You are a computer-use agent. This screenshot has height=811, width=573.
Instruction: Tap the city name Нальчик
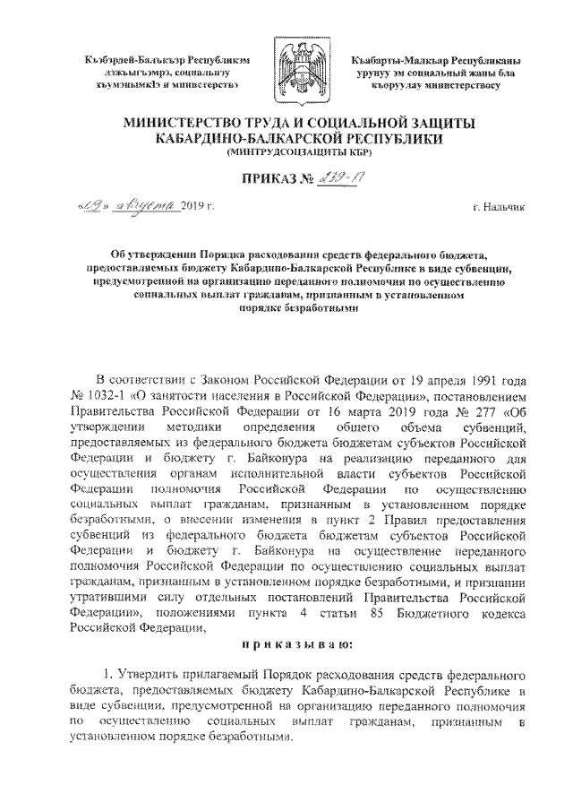504,209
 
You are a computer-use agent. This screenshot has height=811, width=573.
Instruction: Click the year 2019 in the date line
192,209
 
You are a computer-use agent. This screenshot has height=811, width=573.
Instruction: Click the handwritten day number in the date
95,207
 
